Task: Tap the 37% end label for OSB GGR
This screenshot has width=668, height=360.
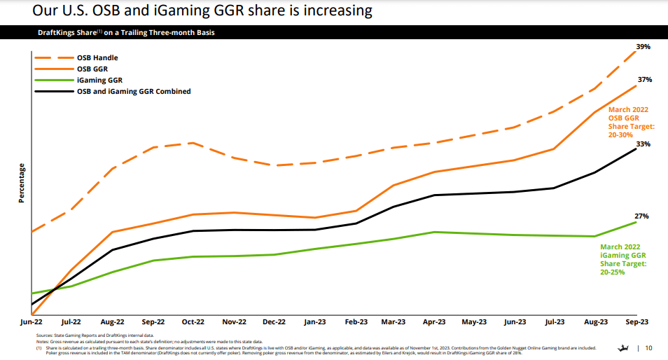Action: pyautogui.click(x=645, y=80)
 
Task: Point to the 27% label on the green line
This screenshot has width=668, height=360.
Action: pyautogui.click(x=642, y=216)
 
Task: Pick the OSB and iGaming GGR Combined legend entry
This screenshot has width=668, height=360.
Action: pyautogui.click(x=133, y=91)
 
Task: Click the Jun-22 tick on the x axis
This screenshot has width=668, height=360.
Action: pyautogui.click(x=32, y=322)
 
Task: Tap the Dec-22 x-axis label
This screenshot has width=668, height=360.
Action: pyautogui.click(x=274, y=322)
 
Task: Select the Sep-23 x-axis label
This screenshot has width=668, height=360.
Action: pyautogui.click(x=636, y=322)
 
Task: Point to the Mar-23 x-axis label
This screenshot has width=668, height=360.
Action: pyautogui.click(x=394, y=322)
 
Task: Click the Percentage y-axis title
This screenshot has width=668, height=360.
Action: pyautogui.click(x=22, y=184)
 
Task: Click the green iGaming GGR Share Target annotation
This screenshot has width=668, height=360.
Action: pyautogui.click(x=623, y=258)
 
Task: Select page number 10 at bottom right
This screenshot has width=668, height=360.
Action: pyautogui.click(x=648, y=348)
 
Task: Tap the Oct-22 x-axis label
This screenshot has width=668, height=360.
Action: pyautogui.click(x=193, y=322)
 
